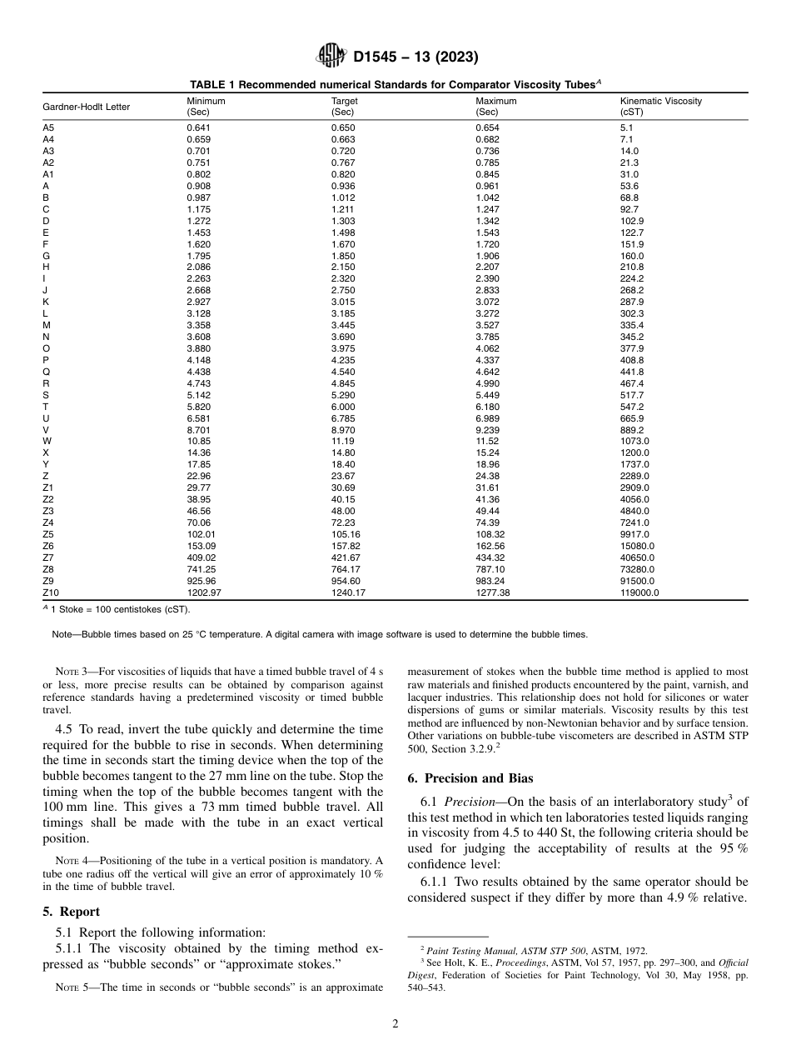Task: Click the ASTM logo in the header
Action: point(331,57)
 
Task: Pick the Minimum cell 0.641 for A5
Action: point(198,127)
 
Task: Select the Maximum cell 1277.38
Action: point(491,592)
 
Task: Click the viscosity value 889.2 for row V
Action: point(633,429)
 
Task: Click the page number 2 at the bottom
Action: point(395,1024)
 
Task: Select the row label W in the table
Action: point(46,441)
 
